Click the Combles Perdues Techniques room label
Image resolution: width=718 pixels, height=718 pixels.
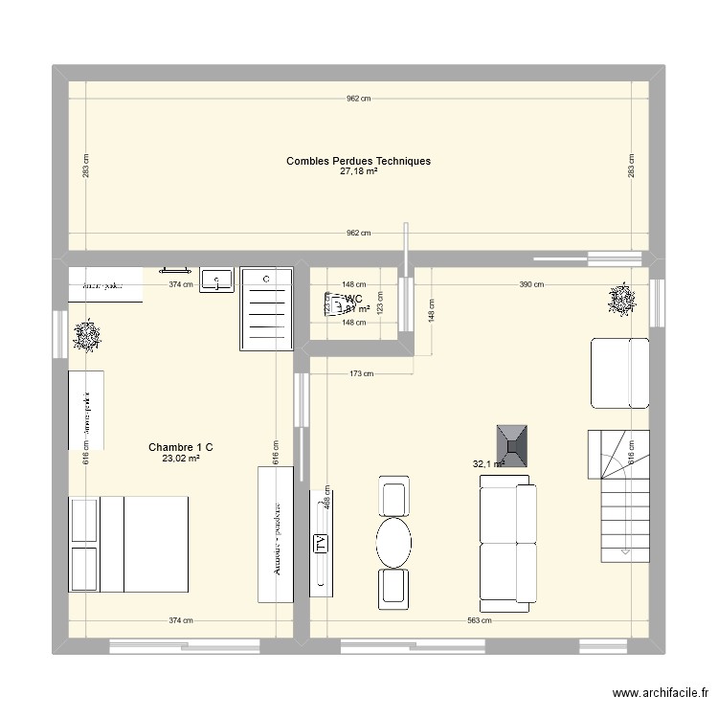pyautogui.click(x=358, y=161)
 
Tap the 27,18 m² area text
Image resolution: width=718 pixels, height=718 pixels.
pyautogui.click(x=358, y=172)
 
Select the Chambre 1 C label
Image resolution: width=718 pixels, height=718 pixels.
pyautogui.click(x=180, y=447)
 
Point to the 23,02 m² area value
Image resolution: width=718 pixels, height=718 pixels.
pyautogui.click(x=180, y=459)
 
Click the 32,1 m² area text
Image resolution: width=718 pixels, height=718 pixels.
pyautogui.click(x=487, y=464)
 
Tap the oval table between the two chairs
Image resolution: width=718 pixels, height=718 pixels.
pyautogui.click(x=393, y=543)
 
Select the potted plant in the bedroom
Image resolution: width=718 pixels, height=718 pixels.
pyautogui.click(x=88, y=336)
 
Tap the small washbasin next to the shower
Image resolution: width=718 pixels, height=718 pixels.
pyautogui.click(x=219, y=280)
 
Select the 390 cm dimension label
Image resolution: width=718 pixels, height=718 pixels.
pyautogui.click(x=531, y=284)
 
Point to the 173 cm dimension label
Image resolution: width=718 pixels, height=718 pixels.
pyautogui.click(x=361, y=373)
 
